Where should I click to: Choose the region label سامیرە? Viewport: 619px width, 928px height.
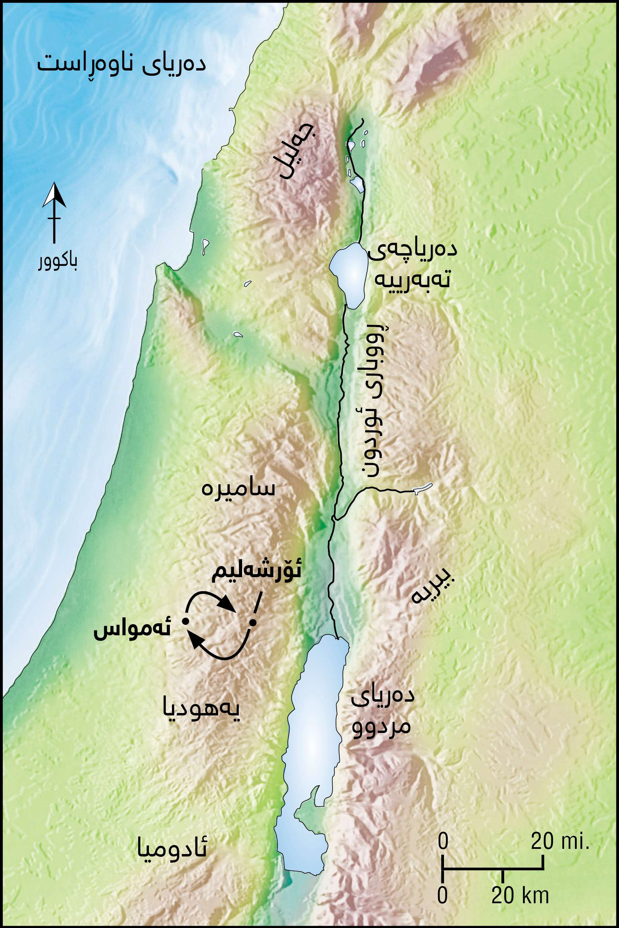[x=238, y=489]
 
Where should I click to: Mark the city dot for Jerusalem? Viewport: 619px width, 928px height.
[x=253, y=623]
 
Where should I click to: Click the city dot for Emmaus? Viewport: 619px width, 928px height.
[x=184, y=621]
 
